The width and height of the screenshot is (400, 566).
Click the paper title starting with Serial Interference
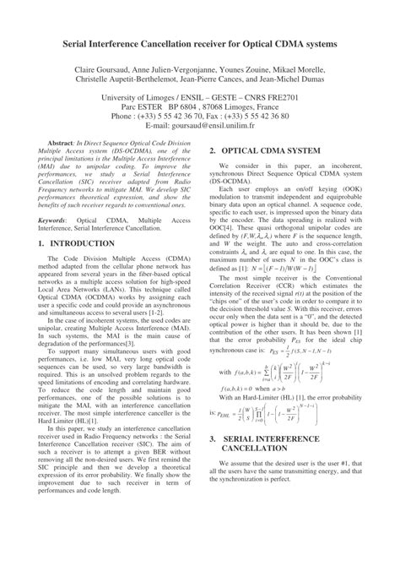click(200, 41)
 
